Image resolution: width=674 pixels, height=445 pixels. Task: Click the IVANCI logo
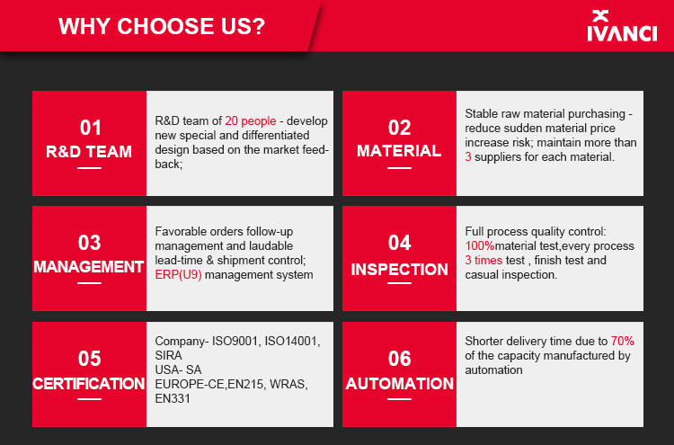point(622,26)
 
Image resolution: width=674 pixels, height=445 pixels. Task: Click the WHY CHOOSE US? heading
point(162,26)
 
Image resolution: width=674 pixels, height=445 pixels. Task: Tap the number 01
point(90,128)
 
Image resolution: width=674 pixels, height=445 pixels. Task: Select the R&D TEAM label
point(89,152)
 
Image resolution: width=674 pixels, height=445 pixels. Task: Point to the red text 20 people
point(250,121)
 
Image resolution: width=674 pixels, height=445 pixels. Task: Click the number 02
point(399,128)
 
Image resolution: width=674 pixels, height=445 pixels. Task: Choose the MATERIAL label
point(399,151)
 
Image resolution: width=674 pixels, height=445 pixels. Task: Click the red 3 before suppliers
point(468,157)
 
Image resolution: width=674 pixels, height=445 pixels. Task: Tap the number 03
point(89,243)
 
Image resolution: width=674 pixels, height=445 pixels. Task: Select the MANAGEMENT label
point(89,267)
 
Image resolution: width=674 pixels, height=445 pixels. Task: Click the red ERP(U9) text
point(179,275)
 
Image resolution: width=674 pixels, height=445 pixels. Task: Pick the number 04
point(399,243)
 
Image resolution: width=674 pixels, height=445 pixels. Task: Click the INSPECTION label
point(399,270)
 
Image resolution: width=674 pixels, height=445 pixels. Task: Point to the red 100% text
point(480,246)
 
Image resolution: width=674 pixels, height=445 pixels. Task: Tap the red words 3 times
point(483,261)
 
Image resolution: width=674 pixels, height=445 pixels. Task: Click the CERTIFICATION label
point(89,384)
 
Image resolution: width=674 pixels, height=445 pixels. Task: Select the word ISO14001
point(292,342)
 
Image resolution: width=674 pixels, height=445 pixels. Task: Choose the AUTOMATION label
point(399,384)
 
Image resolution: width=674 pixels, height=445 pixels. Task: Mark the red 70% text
point(623,342)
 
